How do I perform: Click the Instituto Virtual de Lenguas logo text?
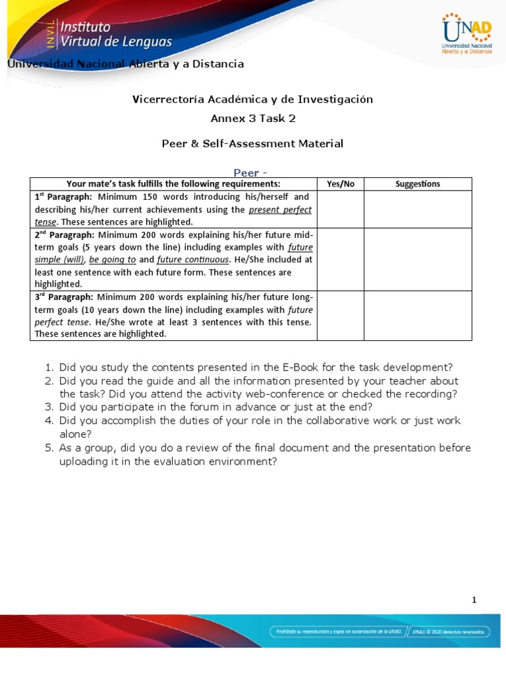pyautogui.click(x=116, y=34)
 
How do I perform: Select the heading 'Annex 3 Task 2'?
pyautogui.click(x=252, y=119)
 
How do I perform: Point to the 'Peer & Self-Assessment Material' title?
pyautogui.click(x=252, y=144)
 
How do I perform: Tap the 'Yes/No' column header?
pyautogui.click(x=340, y=184)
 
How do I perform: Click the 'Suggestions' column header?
pyautogui.click(x=418, y=184)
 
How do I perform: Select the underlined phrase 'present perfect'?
pyautogui.click(x=280, y=210)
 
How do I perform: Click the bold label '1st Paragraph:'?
pyautogui.click(x=64, y=197)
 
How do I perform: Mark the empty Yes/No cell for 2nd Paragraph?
pyautogui.click(x=340, y=259)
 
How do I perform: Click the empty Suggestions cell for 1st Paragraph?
pyautogui.click(x=418, y=209)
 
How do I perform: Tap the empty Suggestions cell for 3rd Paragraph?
pyautogui.click(x=418, y=316)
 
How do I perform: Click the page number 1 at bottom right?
pyautogui.click(x=474, y=599)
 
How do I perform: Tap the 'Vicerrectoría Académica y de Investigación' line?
pyautogui.click(x=252, y=100)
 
